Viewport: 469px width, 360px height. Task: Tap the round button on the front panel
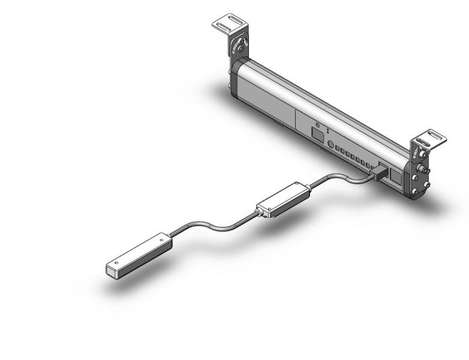(330, 144)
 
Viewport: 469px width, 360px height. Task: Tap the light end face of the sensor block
(114, 271)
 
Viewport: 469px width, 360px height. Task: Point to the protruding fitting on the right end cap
(425, 170)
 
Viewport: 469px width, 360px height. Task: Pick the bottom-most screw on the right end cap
(415, 192)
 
